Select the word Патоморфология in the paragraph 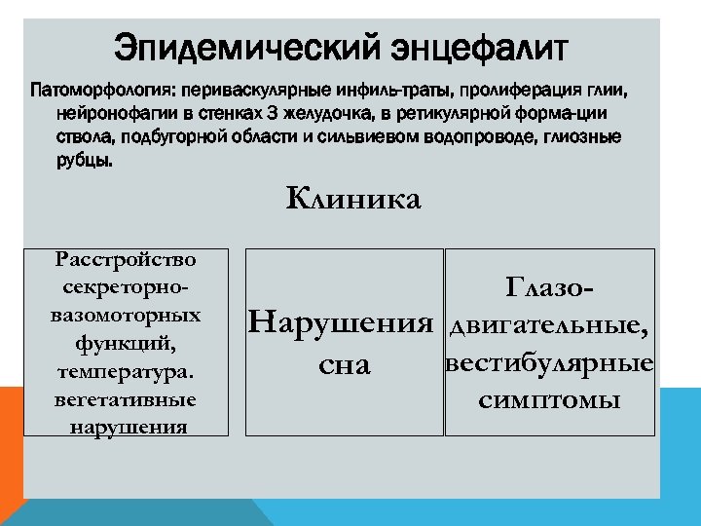[x=98, y=92]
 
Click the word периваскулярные [x=246, y=92]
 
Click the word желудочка [x=315, y=114]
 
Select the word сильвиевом [x=364, y=136]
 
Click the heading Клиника [x=353, y=200]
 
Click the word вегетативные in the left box [x=126, y=399]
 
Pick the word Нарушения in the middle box [x=341, y=321]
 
